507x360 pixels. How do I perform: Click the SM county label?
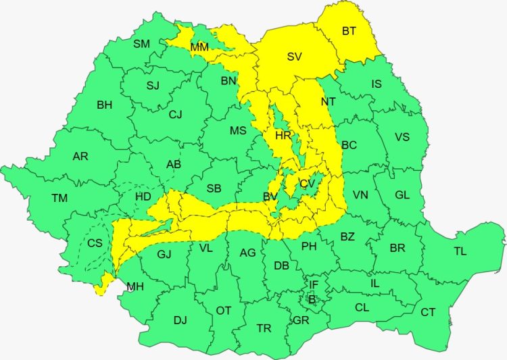click(141, 44)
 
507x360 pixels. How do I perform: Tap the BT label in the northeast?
click(349, 30)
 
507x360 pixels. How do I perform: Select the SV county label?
click(294, 57)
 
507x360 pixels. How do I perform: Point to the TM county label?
click(59, 198)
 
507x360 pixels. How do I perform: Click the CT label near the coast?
click(428, 312)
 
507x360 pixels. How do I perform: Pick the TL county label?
click(460, 251)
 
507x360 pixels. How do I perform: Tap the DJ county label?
click(180, 320)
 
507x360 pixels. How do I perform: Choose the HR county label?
click(283, 136)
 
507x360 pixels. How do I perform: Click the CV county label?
click(308, 184)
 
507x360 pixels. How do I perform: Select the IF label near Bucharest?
click(314, 284)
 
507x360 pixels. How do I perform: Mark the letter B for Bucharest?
click(312, 297)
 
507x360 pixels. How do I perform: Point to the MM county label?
click(199, 47)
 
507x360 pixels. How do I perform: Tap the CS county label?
click(95, 243)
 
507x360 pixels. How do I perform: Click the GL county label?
click(402, 195)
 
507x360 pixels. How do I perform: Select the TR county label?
click(264, 328)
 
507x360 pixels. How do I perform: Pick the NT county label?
click(329, 101)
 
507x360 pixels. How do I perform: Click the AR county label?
click(80, 156)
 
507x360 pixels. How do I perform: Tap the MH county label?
click(135, 287)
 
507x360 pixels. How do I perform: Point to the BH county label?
click(105, 105)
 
